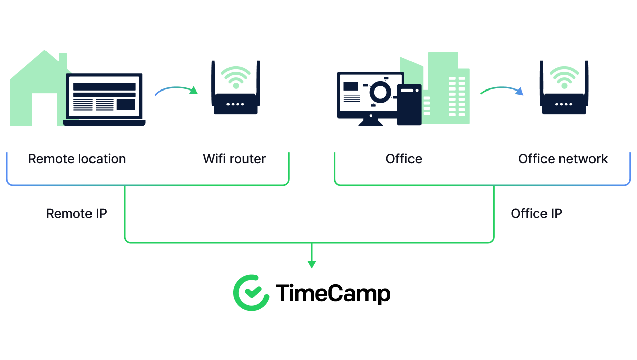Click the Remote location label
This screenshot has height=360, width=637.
[77, 159]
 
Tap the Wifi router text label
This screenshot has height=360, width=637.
[235, 159]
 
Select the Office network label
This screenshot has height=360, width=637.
[563, 159]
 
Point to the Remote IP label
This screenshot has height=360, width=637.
[76, 213]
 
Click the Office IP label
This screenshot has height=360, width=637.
[536, 213]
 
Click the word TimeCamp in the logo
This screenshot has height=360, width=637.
[333, 293]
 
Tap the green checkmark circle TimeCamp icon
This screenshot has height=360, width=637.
[251, 293]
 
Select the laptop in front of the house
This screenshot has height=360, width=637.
[104, 100]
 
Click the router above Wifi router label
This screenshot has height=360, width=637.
[236, 87]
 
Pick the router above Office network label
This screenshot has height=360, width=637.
[564, 87]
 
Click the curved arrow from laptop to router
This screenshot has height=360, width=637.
[176, 88]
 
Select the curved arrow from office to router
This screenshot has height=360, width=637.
[502, 88]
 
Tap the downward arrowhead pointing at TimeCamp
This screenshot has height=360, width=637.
[312, 265]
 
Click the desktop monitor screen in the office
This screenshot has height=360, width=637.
[370, 92]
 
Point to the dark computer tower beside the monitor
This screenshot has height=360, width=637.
[409, 105]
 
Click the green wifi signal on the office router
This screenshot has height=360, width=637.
[565, 77]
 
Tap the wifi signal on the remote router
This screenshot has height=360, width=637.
[236, 77]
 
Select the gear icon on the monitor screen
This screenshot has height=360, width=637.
[380, 92]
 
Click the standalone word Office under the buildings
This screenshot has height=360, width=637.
[403, 159]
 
